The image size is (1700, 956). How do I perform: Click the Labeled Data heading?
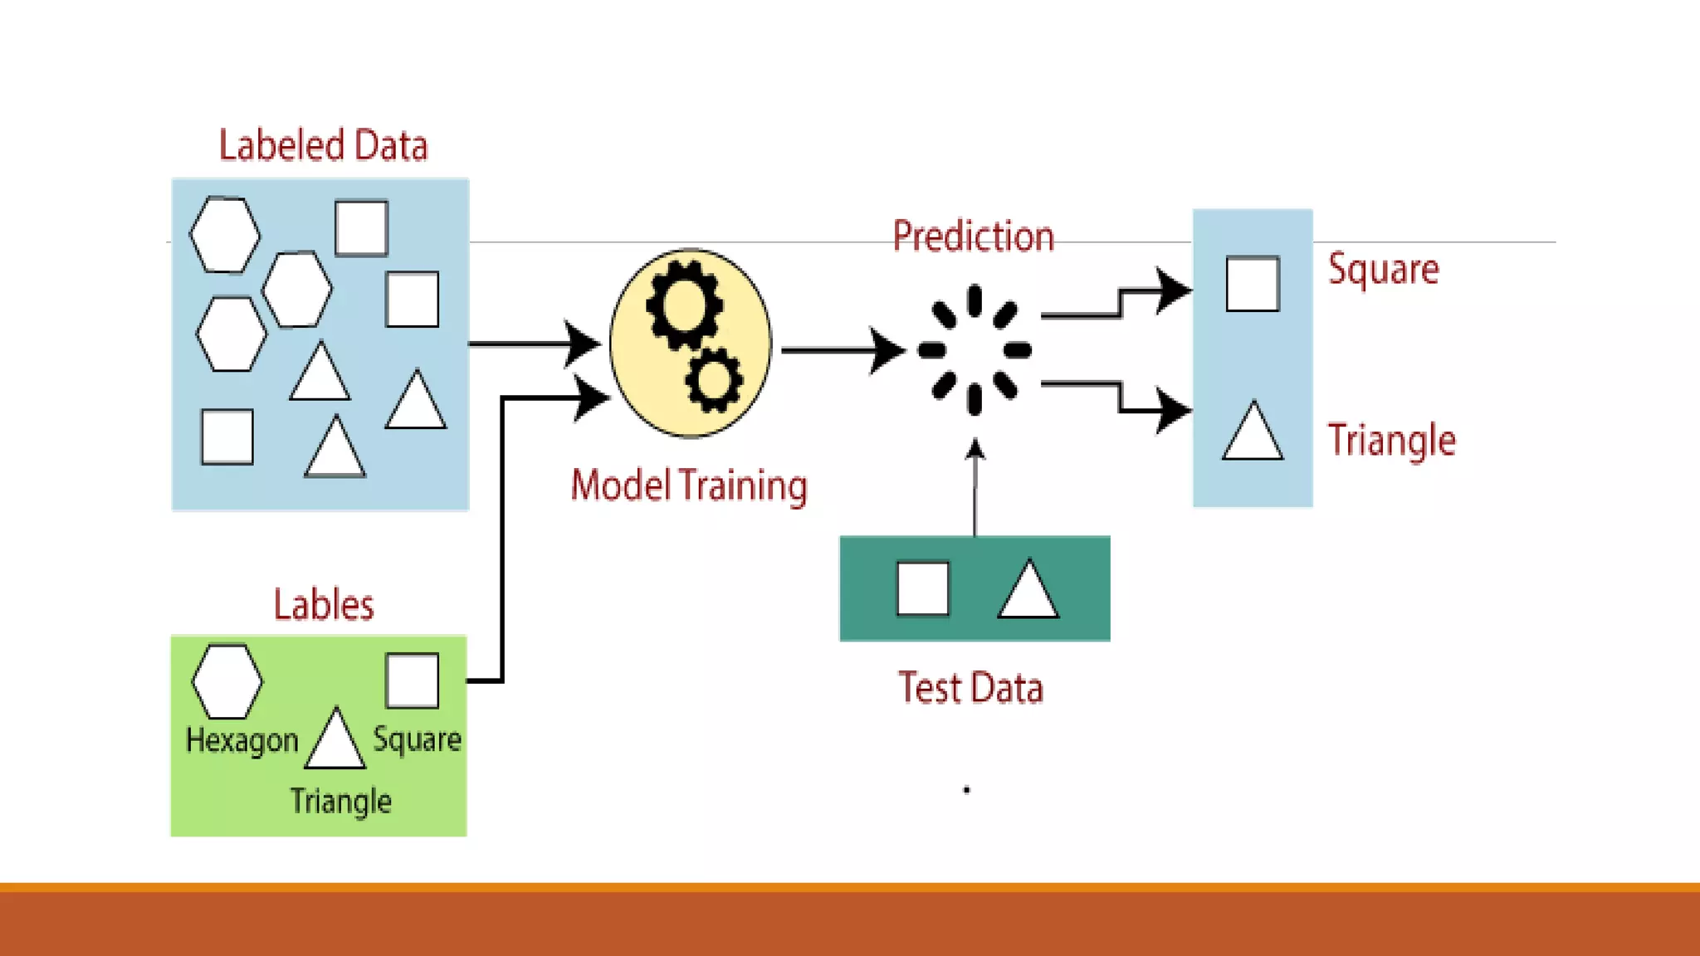[x=323, y=145]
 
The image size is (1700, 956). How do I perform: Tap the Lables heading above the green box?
[x=324, y=604]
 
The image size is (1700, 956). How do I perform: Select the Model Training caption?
[x=689, y=485]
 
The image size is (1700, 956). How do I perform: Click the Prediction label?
[x=973, y=237]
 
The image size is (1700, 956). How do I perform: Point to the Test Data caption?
[x=970, y=688]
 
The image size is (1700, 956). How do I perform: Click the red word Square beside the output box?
[x=1383, y=269]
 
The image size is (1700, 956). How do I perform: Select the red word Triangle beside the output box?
[x=1391, y=440]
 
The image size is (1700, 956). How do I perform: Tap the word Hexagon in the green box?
[x=242, y=740]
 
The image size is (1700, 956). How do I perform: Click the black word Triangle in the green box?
[x=340, y=802]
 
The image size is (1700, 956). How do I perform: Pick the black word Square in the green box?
[x=417, y=739]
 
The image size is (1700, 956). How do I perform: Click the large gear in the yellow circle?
[x=684, y=305]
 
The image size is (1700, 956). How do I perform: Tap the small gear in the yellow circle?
[x=713, y=381]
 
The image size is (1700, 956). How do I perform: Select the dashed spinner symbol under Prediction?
[x=975, y=350]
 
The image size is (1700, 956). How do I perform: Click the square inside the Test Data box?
[x=923, y=589]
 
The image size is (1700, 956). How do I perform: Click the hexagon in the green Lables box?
[x=227, y=681]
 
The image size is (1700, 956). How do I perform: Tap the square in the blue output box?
[x=1253, y=284]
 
